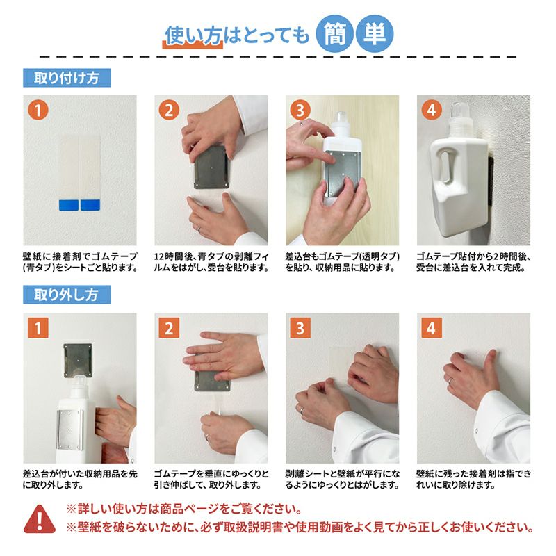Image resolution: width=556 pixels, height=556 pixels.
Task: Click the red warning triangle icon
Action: click(x=40, y=519)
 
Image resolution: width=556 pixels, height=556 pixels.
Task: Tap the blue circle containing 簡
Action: click(x=334, y=34)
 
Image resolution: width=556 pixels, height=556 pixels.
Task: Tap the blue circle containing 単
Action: click(x=375, y=34)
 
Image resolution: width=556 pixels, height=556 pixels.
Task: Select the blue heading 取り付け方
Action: click(x=67, y=78)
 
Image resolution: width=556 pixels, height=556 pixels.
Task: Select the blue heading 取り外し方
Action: click(x=67, y=295)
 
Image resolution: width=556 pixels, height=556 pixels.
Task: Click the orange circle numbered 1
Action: click(x=38, y=110)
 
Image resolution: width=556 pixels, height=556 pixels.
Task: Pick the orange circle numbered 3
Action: click(x=300, y=110)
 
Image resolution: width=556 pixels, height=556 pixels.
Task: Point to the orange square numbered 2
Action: click(x=169, y=327)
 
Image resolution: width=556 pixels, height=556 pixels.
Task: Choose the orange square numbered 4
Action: click(x=431, y=327)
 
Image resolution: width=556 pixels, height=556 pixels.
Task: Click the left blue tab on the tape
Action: click(x=69, y=205)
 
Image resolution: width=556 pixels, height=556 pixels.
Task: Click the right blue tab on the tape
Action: click(x=90, y=205)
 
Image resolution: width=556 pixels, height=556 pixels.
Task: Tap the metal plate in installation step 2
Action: click(x=211, y=167)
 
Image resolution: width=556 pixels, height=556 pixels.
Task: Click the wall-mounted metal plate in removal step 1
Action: click(x=78, y=360)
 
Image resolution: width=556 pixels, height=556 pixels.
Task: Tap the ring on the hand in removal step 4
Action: click(x=450, y=382)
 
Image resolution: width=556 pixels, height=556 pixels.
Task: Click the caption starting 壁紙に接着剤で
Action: click(x=80, y=262)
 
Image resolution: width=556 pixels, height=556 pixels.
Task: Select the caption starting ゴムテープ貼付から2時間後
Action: click(x=473, y=262)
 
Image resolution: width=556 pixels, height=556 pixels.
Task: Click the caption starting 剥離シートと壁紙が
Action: click(x=343, y=480)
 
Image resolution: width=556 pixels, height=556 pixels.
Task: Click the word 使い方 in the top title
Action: click(x=193, y=35)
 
